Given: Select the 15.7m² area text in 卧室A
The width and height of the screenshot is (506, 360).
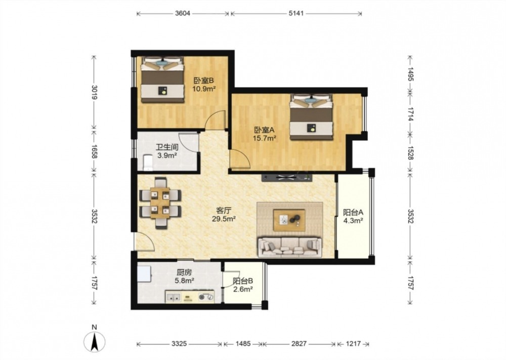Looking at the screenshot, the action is click(x=264, y=139).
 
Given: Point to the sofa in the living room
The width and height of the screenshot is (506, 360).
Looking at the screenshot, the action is click(x=290, y=247).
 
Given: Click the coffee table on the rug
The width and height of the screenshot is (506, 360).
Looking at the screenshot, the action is click(x=289, y=220).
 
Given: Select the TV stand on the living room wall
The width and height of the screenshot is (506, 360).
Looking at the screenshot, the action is click(x=287, y=177).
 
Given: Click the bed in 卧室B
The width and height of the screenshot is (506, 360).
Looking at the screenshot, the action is click(x=162, y=80).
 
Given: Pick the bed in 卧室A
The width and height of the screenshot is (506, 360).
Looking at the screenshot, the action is click(x=311, y=117).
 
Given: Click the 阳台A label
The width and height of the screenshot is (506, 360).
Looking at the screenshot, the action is click(x=353, y=213).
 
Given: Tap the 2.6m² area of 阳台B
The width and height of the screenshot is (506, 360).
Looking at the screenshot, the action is click(x=243, y=289).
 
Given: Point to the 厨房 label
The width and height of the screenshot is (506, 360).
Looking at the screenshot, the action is click(x=184, y=272).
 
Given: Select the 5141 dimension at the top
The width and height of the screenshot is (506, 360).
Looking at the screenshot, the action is click(x=296, y=14).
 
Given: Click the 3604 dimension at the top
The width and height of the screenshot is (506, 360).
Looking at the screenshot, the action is click(x=183, y=14).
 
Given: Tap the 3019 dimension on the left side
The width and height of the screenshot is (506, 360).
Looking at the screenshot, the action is click(x=94, y=92).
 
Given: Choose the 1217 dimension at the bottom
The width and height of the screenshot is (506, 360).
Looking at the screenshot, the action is click(x=353, y=344).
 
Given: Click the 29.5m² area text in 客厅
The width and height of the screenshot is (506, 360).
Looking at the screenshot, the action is click(x=224, y=219).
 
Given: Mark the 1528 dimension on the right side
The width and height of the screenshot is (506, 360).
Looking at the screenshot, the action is click(x=410, y=153).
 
